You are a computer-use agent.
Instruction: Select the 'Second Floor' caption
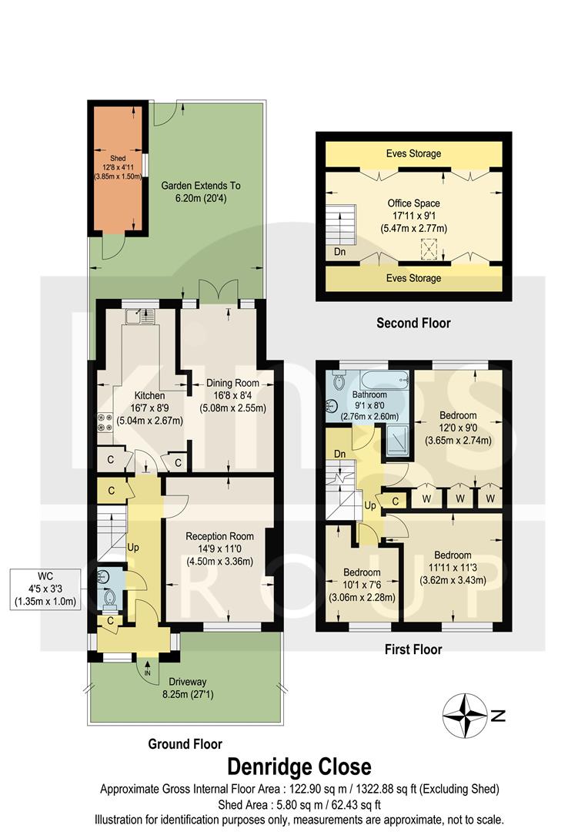click(413, 323)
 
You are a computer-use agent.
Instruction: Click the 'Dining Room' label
click(232, 382)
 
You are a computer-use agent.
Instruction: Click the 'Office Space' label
click(413, 203)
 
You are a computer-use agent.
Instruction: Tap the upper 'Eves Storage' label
click(414, 153)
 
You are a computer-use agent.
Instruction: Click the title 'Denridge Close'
click(299, 767)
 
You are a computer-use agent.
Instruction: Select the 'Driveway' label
click(184, 681)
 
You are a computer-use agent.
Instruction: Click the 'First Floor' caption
click(413, 649)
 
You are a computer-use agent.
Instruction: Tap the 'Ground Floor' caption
click(185, 743)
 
